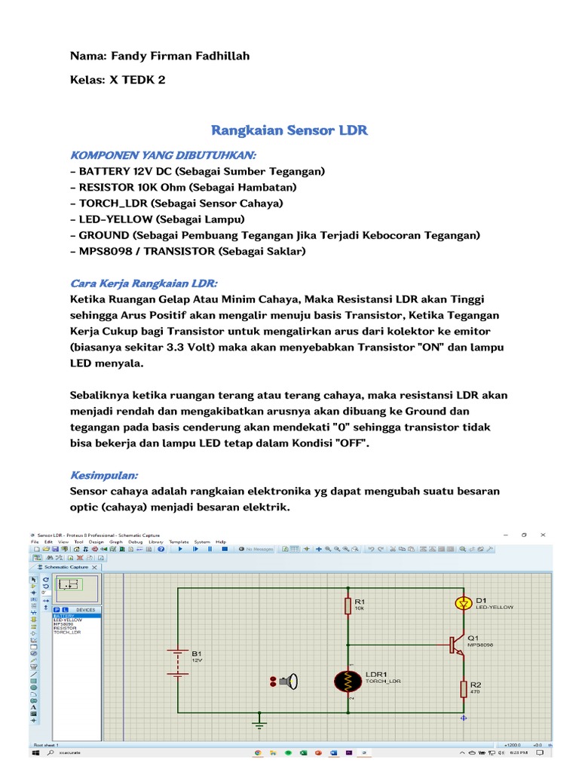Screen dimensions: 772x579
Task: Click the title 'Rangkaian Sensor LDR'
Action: (289, 130)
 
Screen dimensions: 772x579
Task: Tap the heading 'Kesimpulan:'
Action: (104, 476)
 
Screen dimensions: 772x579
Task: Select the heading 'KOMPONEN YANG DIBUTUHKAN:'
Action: (163, 155)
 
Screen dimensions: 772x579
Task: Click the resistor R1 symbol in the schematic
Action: (348, 605)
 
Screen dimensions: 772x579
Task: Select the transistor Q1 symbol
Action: (456, 645)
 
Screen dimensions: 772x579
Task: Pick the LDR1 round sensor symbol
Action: (348, 682)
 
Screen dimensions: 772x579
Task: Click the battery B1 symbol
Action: (178, 662)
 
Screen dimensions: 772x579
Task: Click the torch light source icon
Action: (286, 682)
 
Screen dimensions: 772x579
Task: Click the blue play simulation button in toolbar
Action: (180, 550)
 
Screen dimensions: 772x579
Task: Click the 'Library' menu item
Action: (155, 541)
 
